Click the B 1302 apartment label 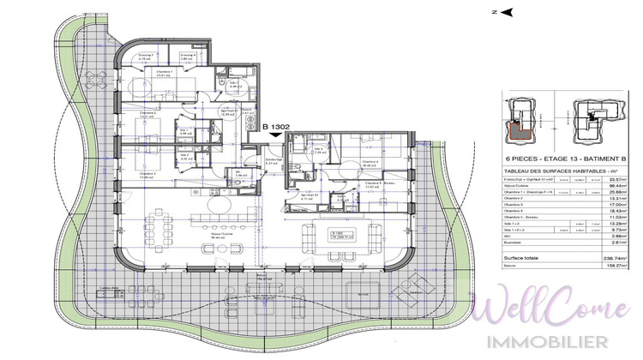[279, 127]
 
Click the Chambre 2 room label [147, 112]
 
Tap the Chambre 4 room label [370, 160]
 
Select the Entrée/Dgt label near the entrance [273, 159]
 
